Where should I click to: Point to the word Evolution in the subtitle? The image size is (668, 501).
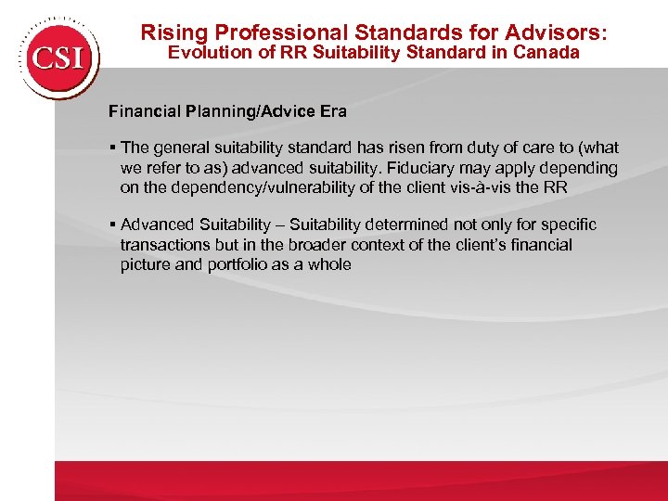[208, 53]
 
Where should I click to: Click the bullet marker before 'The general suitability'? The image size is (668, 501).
[111, 148]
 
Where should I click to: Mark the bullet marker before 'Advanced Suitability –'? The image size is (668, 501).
[111, 225]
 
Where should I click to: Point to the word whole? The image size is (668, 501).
[329, 264]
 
